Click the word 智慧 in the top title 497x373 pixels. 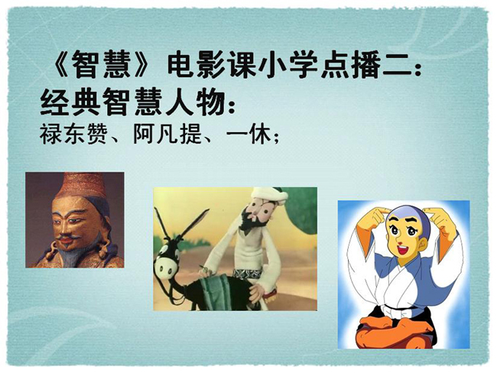[x=102, y=66]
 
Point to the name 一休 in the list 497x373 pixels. [x=249, y=135]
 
